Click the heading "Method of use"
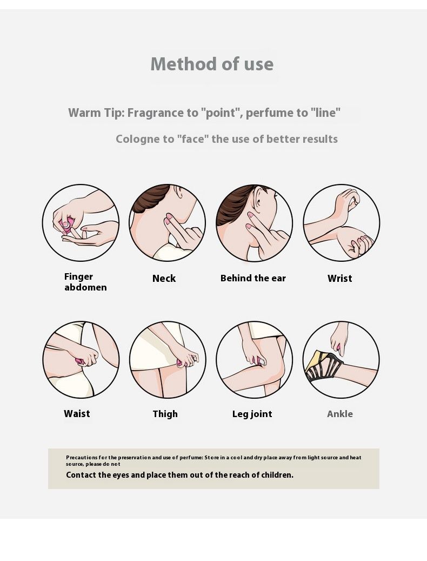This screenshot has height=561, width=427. [212, 64]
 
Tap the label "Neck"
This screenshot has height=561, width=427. [164, 279]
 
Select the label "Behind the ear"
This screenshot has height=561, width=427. [253, 279]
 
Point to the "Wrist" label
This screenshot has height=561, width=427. [340, 279]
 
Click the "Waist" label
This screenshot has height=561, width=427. [77, 414]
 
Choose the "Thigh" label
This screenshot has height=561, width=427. [165, 414]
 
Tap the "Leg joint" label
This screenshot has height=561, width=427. [252, 414]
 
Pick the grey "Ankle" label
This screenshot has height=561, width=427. [340, 414]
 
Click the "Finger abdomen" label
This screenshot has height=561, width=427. [85, 282]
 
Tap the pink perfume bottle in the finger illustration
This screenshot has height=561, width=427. [67, 226]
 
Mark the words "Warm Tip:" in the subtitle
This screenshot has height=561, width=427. [96, 113]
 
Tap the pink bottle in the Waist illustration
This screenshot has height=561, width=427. [80, 362]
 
